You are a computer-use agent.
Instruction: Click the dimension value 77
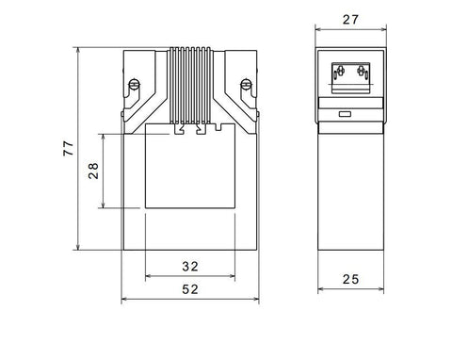(x=69, y=149)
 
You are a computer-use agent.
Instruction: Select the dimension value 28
(x=93, y=171)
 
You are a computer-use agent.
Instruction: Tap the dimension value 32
(x=190, y=267)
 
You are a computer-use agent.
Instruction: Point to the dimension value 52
(x=190, y=289)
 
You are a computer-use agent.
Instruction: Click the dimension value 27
(x=350, y=20)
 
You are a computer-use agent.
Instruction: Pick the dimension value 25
(x=350, y=279)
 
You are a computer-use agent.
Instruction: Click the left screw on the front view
(x=135, y=84)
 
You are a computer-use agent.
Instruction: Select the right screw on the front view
(x=246, y=84)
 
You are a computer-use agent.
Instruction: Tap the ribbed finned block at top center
(x=190, y=86)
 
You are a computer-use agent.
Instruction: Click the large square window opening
(x=190, y=166)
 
